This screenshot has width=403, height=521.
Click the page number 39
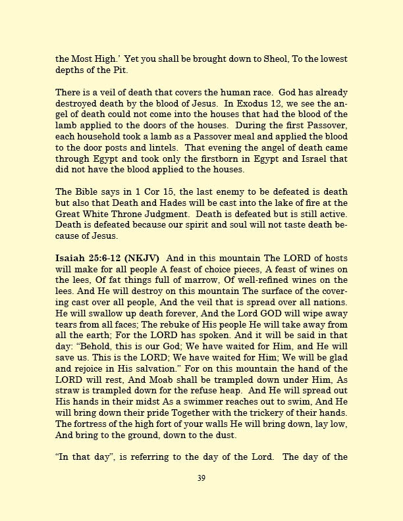tap(201, 478)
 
